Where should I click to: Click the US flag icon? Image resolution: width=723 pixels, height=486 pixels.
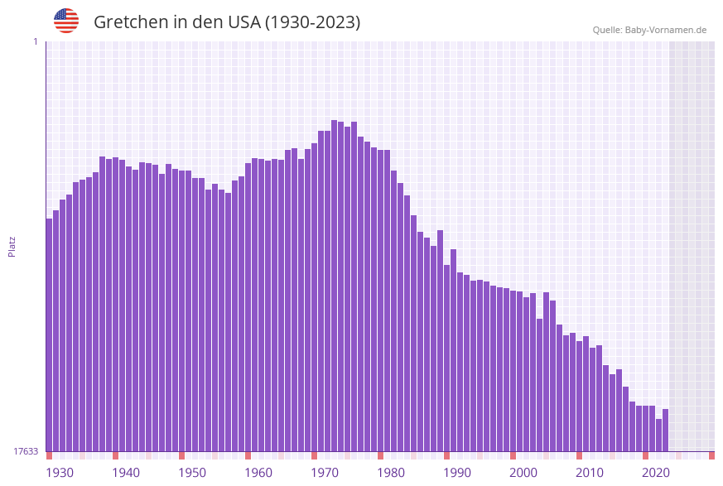pos(66,21)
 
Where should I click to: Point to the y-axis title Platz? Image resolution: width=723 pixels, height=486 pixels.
pos(12,246)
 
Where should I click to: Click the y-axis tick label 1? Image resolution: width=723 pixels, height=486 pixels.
pos(35,41)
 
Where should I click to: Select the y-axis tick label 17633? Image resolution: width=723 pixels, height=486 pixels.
pos(25,451)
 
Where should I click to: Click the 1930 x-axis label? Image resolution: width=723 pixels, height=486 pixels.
pos(59,473)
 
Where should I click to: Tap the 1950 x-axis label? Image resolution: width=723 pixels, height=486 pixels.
pos(192,473)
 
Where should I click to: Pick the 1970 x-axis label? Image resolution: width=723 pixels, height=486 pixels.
pos(325,473)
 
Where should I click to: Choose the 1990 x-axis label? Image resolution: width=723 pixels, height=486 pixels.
pos(457,473)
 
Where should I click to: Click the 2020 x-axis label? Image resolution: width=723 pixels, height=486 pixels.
pos(656,473)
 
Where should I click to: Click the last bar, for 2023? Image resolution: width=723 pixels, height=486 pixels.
pos(665,431)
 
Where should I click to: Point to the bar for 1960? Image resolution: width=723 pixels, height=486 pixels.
pos(248,307)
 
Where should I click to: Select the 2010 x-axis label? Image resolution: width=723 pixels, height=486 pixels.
pos(590,473)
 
